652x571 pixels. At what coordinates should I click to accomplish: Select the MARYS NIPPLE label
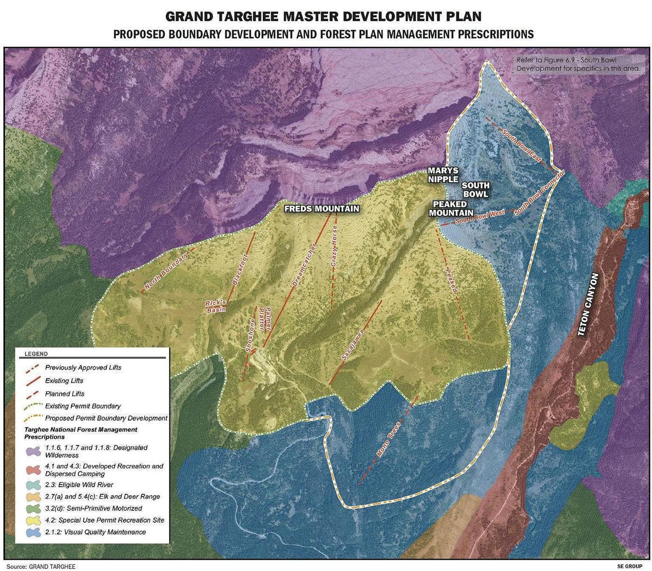[442, 175]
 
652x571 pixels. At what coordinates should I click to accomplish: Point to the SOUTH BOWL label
[475, 190]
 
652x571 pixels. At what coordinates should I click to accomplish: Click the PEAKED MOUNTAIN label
[450, 209]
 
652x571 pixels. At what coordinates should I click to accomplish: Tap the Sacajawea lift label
[352, 348]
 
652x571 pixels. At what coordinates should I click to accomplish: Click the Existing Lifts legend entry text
[64, 381]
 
